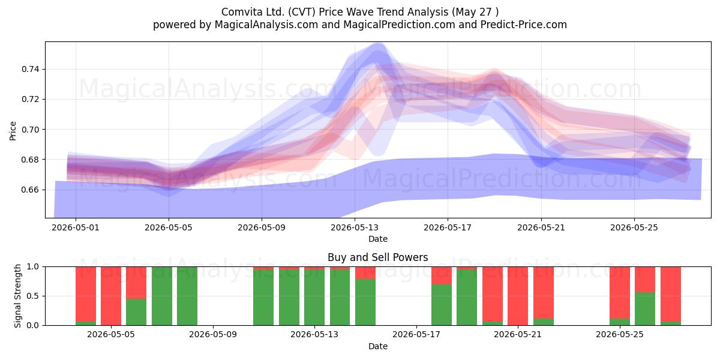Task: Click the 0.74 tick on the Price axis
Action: click(30, 69)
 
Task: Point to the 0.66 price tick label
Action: click(30, 190)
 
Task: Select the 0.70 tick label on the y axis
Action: click(30, 130)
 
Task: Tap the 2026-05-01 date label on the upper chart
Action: click(76, 227)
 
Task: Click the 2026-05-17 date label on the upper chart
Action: click(448, 227)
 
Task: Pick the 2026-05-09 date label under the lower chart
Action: click(213, 334)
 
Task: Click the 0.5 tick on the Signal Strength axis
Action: click(32, 296)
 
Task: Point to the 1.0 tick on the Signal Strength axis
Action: click(32, 266)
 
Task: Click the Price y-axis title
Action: click(13, 131)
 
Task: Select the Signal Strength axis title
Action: click(17, 296)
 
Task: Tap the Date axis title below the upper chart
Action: click(378, 239)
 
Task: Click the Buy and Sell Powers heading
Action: click(378, 257)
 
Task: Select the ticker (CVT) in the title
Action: click(301, 12)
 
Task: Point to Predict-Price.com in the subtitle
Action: click(524, 25)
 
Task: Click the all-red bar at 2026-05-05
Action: click(111, 296)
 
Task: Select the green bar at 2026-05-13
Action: click(314, 298)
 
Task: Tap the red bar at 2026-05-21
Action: click(518, 296)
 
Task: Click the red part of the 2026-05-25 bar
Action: click(620, 293)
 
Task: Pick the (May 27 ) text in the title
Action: click(475, 12)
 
